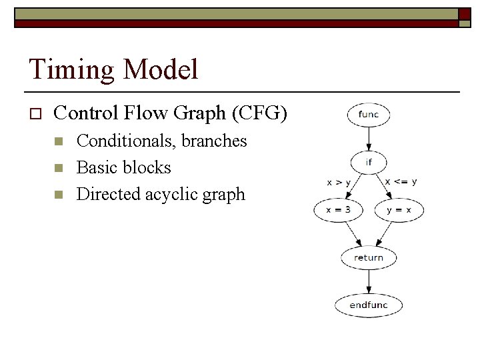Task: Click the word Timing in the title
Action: [65, 70]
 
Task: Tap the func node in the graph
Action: [368, 114]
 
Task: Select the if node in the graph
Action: [368, 162]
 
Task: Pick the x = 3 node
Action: [338, 210]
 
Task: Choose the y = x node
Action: [399, 210]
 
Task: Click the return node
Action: [368, 257]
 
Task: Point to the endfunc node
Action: [368, 305]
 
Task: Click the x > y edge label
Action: [339, 182]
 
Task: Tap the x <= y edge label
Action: [401, 181]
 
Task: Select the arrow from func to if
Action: [368, 139]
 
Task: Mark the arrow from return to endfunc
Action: [368, 281]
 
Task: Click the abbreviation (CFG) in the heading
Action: [259, 113]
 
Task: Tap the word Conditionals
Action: [117, 141]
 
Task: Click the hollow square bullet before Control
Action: [35, 114]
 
